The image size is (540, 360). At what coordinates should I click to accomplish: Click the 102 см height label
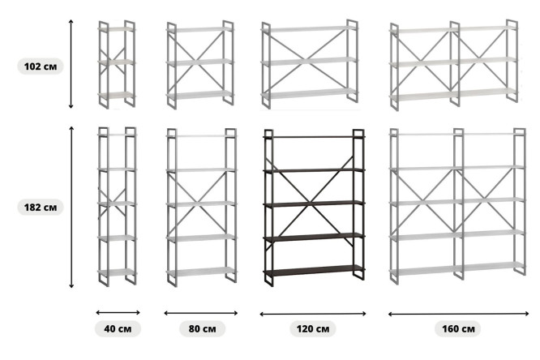[x=41, y=66]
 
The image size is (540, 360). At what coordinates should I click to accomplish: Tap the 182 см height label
[x=41, y=207]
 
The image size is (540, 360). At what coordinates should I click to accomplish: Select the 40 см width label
[x=118, y=328]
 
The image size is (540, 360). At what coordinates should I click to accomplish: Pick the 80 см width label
[x=202, y=328]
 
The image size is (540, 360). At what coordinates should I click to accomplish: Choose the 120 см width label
[x=313, y=328]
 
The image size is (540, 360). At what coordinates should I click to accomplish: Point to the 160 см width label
[x=458, y=328]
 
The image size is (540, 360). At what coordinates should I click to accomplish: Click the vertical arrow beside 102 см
[x=71, y=64]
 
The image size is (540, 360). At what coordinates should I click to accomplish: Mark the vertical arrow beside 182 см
[x=71, y=207]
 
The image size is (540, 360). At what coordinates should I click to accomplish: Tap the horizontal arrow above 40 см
[x=118, y=312]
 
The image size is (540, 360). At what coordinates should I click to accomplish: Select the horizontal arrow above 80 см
[x=201, y=313]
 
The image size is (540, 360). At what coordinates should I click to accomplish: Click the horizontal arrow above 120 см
[x=313, y=314]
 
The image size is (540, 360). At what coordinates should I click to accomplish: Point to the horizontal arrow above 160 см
[x=458, y=314]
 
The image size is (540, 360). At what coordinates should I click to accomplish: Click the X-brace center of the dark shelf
[x=311, y=203]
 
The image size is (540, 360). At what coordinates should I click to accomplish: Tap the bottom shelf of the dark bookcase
[x=314, y=271]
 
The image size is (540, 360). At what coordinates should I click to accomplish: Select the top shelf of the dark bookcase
[x=314, y=137]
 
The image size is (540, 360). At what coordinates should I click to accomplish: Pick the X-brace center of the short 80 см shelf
[x=199, y=62]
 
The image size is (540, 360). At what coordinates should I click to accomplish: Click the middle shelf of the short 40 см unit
[x=117, y=62]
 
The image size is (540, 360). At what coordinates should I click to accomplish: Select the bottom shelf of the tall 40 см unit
[x=117, y=272]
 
